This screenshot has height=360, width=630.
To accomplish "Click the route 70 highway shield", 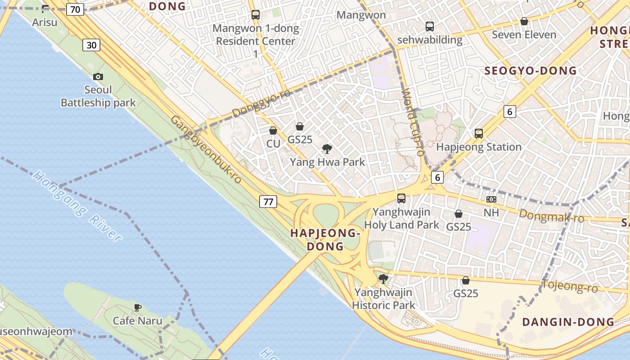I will coord(75,9).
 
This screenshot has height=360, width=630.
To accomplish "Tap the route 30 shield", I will coord(91,45).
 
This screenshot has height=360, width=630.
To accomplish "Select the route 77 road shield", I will coord(268,202).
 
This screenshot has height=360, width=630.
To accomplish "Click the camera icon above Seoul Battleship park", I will coord(98,77).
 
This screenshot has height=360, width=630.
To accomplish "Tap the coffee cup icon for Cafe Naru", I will coord(138,307).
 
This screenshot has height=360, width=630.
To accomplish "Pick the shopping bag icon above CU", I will coord(273,131).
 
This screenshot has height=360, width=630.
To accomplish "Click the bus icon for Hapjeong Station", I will coord(478,134).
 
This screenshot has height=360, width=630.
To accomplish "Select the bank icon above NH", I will coord(491,199).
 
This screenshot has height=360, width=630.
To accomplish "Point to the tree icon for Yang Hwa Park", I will coord(327,148).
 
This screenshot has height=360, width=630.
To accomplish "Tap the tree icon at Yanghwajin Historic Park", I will coord(383,279).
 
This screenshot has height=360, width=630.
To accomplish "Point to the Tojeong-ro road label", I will coord(569,286).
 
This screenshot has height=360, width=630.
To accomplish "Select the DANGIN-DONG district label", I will coord(568,322).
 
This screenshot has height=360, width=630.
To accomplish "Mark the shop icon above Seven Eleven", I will coord(524,21).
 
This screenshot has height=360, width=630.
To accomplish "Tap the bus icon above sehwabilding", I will coord(430,26).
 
